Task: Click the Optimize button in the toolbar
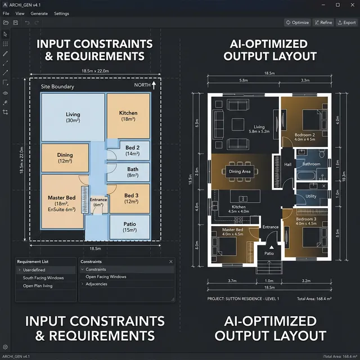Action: point(298,22)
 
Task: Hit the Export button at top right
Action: point(346,22)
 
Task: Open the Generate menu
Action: point(39,13)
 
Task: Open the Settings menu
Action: point(61,13)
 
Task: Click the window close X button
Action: point(352,4)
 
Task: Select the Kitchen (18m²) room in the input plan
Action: point(128,116)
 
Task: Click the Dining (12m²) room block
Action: point(65,158)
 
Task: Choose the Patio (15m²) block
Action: point(129,227)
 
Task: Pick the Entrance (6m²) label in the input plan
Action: point(98,202)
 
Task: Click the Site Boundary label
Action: point(57,87)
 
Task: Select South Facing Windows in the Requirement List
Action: point(43,278)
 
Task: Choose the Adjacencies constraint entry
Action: point(96,284)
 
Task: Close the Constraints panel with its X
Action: point(171,262)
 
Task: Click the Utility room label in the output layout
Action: point(310,196)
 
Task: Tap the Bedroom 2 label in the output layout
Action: point(304,135)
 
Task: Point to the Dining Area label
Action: point(240,172)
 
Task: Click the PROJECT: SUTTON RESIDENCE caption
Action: point(243,299)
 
